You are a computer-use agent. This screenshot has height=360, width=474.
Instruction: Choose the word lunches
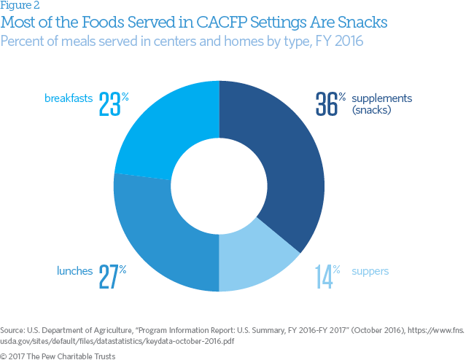tap(74, 271)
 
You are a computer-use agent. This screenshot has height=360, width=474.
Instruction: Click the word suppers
tap(370, 271)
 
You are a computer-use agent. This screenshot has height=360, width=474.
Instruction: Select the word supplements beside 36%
tap(382, 98)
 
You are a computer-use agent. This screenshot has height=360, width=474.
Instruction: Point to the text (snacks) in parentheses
tap(372, 111)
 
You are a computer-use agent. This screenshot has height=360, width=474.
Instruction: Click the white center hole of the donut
tap(219, 187)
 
